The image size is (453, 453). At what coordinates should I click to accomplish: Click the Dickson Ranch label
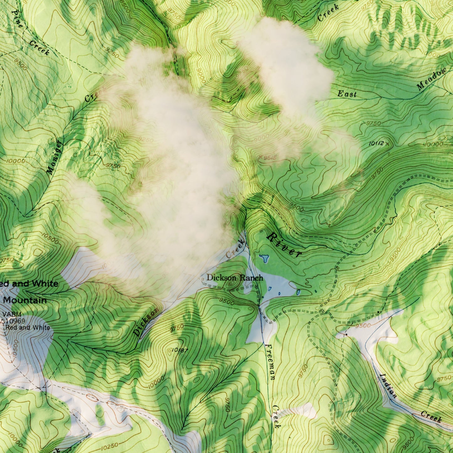pyautogui.click(x=234, y=278)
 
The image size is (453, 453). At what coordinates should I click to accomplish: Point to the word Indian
pyautogui.click(x=388, y=386)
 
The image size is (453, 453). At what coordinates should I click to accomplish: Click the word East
pyautogui.click(x=347, y=94)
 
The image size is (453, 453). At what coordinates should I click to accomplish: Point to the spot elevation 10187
pyautogui.click(x=180, y=350)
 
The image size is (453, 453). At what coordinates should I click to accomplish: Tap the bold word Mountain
pyautogui.click(x=25, y=300)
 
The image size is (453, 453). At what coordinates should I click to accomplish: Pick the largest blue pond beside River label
pyautogui.click(x=264, y=258)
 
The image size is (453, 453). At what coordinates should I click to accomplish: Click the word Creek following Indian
pyautogui.click(x=431, y=417)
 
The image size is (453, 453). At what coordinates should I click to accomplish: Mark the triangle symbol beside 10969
pyautogui.click(x=3, y=321)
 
